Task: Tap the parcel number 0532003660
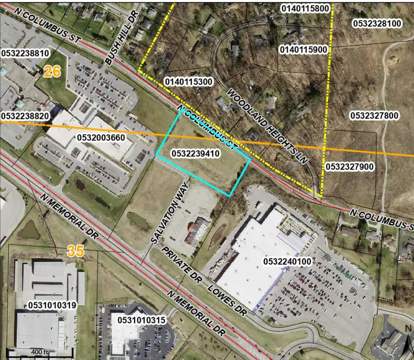(x=102, y=137)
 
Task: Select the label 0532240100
(x=288, y=261)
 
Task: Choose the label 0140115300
(x=188, y=81)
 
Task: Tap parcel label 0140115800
(x=305, y=8)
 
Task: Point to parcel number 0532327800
(x=374, y=115)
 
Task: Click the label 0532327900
(x=350, y=166)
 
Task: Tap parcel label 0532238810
(x=25, y=53)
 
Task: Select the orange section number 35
(x=76, y=251)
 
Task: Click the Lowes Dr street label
(x=227, y=299)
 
